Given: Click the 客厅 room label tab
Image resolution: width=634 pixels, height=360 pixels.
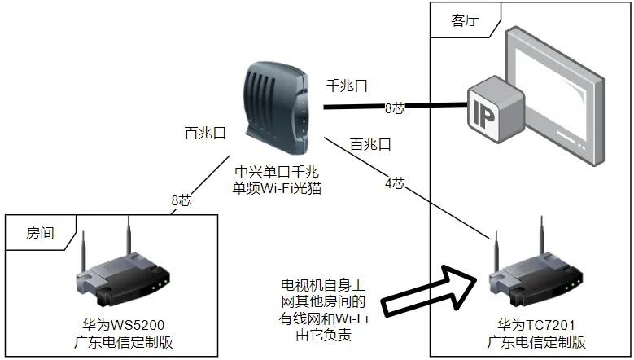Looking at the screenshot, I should (x=466, y=22).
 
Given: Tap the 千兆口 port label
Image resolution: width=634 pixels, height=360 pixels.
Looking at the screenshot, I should (x=348, y=85).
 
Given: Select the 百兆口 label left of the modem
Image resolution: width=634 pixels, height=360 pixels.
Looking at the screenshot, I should (x=204, y=133).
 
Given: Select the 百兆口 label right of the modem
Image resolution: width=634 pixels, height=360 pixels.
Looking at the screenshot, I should (x=370, y=145).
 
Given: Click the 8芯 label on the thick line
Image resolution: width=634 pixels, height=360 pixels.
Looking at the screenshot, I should (x=394, y=107).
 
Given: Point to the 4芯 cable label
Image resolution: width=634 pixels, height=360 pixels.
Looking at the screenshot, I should (x=394, y=183).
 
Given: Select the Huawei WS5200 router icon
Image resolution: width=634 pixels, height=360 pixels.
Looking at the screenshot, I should (x=125, y=269).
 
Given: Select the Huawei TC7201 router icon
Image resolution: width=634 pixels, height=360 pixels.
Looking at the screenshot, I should (x=535, y=269).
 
